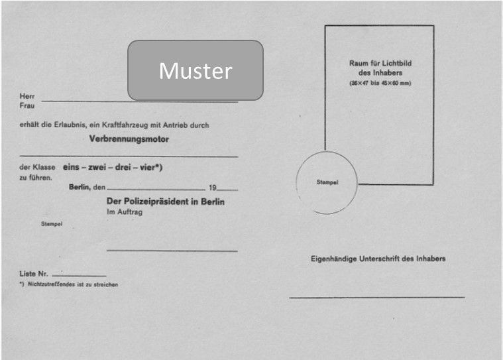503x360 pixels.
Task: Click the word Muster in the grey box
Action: coord(196,71)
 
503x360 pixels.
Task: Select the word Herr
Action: coord(27,97)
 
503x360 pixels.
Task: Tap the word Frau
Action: coord(27,105)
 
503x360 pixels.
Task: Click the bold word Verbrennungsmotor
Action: coord(129,140)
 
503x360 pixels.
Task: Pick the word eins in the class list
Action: coord(74,168)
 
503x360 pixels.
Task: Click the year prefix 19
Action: coord(212,188)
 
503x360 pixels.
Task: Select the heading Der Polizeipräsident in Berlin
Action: coord(165,202)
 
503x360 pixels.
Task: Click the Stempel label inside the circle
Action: coord(327,183)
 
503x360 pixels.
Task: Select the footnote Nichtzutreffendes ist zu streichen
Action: coord(72,284)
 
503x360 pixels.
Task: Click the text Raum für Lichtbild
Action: coord(380,63)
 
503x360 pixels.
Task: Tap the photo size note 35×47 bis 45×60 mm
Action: coord(380,83)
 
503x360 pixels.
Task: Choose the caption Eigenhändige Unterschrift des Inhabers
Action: coord(378,259)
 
